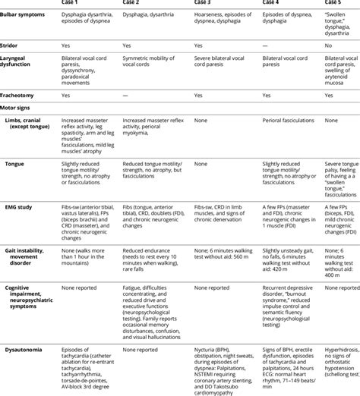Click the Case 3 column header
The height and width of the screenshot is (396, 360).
(x=207, y=3)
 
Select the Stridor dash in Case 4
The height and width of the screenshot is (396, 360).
(x=264, y=46)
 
